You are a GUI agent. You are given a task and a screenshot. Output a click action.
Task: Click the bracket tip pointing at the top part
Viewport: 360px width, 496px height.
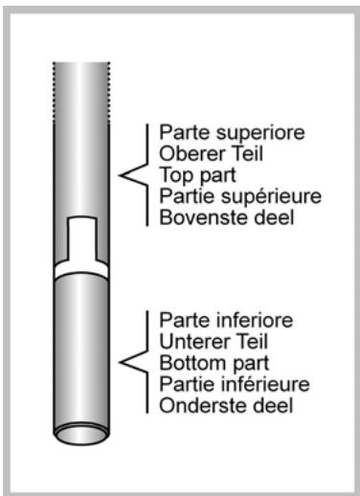point(121,174)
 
